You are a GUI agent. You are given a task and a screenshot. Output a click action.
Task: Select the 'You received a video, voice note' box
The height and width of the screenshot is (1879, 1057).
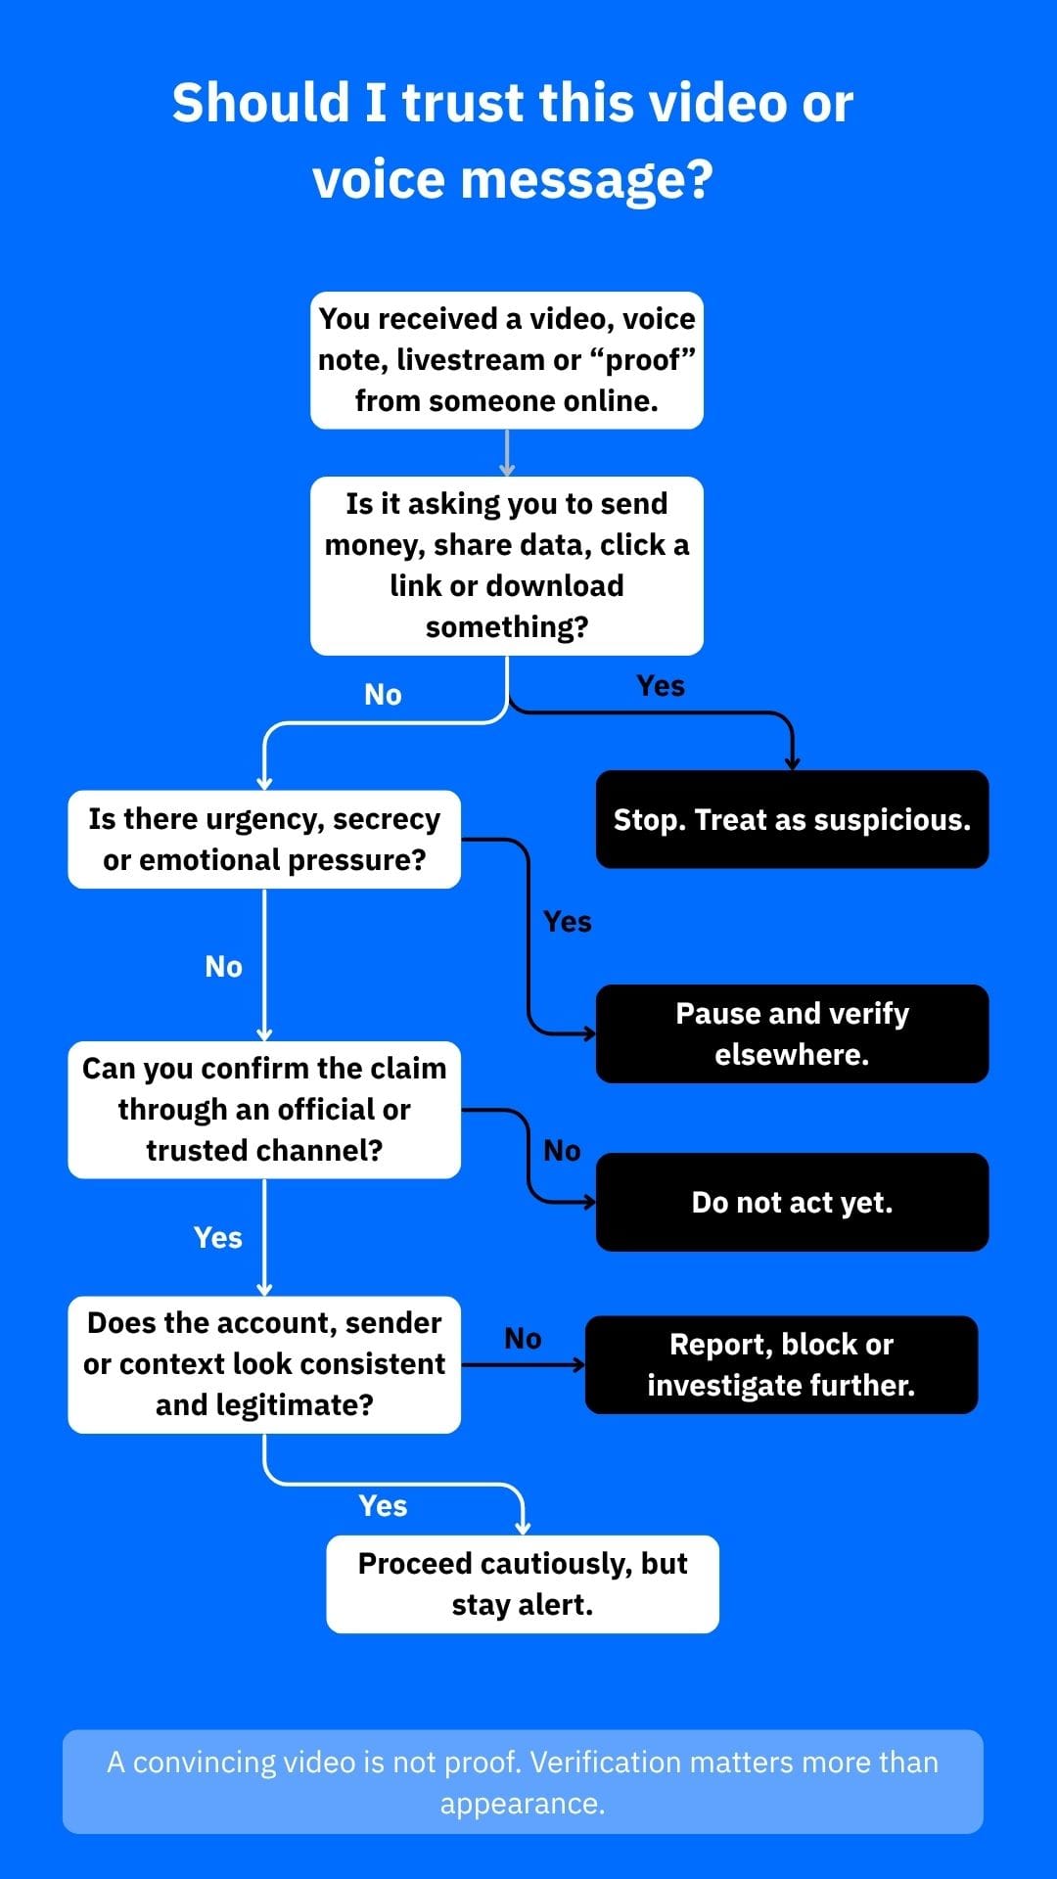pyautogui.click(x=507, y=360)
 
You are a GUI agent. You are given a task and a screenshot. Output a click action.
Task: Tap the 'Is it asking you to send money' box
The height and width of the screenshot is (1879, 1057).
pyautogui.click(x=507, y=566)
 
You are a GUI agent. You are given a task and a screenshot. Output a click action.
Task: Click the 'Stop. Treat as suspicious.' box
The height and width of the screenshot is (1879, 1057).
pyautogui.click(x=793, y=819)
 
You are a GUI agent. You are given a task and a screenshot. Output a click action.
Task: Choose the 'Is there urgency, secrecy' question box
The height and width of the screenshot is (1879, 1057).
pyautogui.click(x=264, y=839)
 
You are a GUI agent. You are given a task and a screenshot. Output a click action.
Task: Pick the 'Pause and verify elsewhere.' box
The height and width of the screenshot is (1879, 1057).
pyautogui.click(x=793, y=1033)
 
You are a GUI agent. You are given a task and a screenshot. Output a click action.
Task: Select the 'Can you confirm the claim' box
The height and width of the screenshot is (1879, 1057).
pyautogui.click(x=264, y=1110)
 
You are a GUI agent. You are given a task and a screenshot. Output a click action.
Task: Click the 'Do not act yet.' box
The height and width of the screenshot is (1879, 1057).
pyautogui.click(x=793, y=1202)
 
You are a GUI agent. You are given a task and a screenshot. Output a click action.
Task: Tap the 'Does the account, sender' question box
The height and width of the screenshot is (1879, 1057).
pyautogui.click(x=264, y=1364)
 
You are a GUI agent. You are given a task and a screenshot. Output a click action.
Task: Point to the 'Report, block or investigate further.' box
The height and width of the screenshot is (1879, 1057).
pyautogui.click(x=782, y=1364)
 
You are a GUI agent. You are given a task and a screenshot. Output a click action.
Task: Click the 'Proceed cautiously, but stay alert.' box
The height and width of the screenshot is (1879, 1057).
pyautogui.click(x=523, y=1583)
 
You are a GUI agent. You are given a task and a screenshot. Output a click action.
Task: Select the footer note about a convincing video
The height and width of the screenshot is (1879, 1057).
pyautogui.click(x=523, y=1782)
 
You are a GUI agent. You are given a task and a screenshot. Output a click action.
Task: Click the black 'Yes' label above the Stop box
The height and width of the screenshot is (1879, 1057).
pyautogui.click(x=661, y=686)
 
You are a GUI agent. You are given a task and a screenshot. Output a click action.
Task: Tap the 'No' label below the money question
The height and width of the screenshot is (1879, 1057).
pyautogui.click(x=383, y=695)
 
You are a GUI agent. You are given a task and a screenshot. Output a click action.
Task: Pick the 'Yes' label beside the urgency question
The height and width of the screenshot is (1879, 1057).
pyautogui.click(x=568, y=922)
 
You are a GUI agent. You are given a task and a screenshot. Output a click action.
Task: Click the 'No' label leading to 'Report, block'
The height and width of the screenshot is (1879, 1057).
pyautogui.click(x=523, y=1339)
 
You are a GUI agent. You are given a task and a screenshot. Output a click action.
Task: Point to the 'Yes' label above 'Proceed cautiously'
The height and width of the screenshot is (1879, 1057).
pyautogui.click(x=383, y=1506)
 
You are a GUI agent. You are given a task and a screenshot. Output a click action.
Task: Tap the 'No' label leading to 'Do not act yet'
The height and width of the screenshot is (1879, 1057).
pyautogui.click(x=562, y=1151)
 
